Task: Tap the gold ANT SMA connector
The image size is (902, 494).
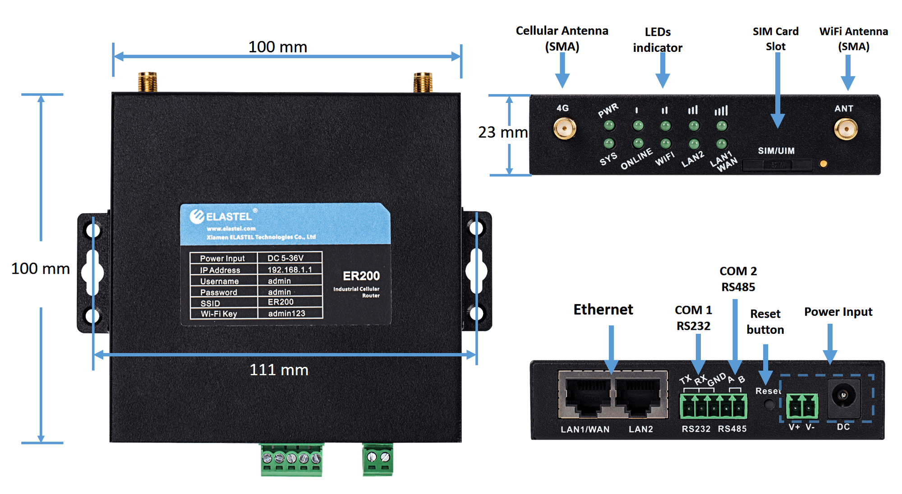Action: tap(846, 129)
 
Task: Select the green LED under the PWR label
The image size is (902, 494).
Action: tap(609, 125)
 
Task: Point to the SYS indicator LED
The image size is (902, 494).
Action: tap(609, 144)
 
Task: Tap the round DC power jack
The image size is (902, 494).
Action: tap(842, 396)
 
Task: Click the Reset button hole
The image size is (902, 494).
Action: tap(769, 404)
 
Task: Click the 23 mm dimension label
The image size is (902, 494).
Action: tap(502, 132)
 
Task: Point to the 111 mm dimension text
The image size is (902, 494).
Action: tap(279, 370)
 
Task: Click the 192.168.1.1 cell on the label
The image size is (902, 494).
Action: tap(290, 270)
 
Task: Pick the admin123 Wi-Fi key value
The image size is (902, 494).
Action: tap(287, 314)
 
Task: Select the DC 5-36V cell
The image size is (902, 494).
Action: tap(285, 258)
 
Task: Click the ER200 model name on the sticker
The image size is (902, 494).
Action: tap(361, 276)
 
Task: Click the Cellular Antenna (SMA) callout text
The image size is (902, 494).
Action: tap(562, 39)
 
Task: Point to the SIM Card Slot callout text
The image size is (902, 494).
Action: tap(775, 39)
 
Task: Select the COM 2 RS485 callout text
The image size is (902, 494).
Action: tap(738, 279)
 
